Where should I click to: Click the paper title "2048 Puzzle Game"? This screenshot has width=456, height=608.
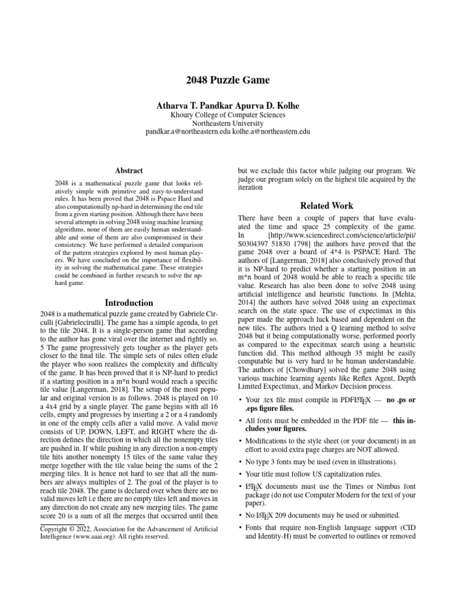[x=227, y=80]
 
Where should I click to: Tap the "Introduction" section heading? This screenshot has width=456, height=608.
[x=129, y=302]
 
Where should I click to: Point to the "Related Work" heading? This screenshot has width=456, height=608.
[x=327, y=206]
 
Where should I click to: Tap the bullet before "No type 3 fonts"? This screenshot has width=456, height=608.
[x=239, y=461]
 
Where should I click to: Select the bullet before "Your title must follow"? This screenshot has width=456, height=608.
[x=239, y=474]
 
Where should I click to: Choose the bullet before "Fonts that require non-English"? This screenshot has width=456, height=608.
[x=239, y=527]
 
